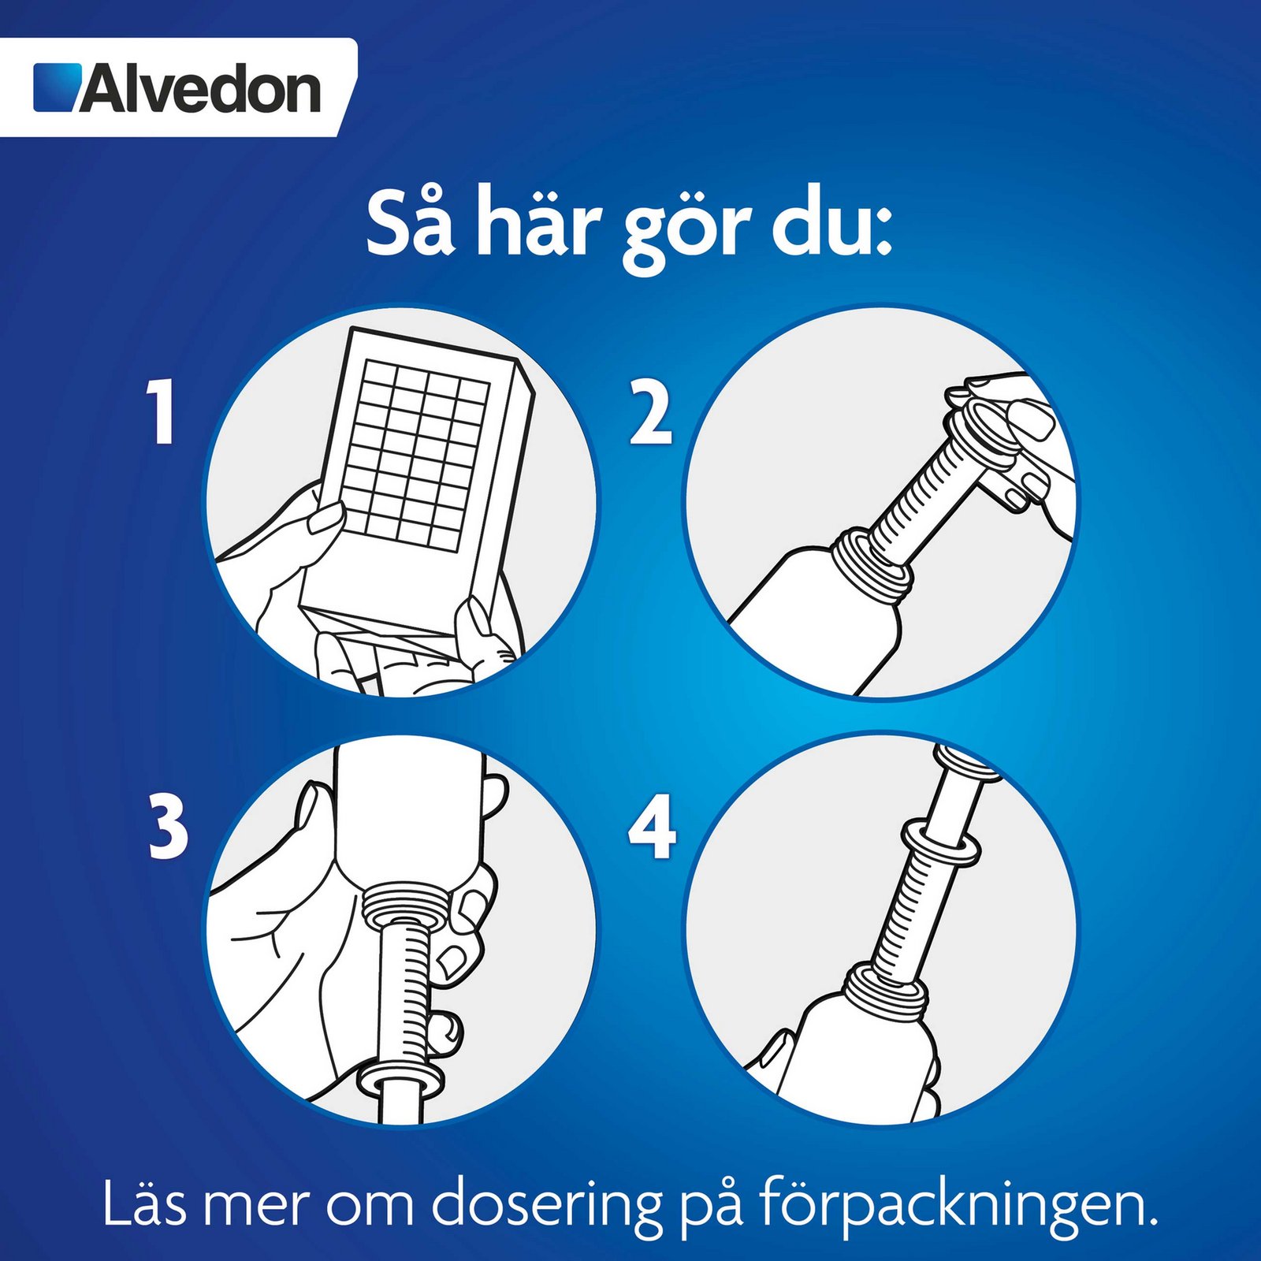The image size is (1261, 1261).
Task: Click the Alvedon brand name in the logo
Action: (x=200, y=89)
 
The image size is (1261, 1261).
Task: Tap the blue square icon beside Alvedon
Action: (x=58, y=87)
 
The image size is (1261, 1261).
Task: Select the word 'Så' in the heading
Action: (x=411, y=222)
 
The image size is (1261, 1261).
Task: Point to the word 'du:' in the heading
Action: (x=831, y=222)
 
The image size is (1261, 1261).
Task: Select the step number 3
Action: (x=169, y=827)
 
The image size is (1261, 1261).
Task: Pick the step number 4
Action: (x=653, y=827)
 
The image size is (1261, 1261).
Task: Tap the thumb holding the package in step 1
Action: (x=324, y=516)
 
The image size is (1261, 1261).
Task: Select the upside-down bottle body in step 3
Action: (x=407, y=820)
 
